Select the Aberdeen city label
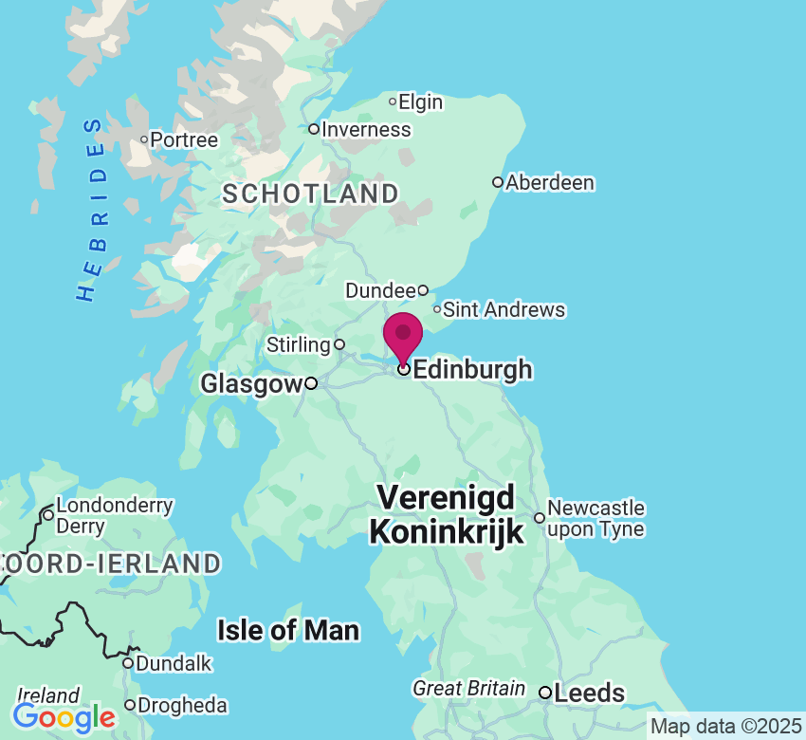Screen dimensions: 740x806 pyautogui.click(x=550, y=182)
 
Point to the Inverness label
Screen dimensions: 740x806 pyautogui.click(x=366, y=130)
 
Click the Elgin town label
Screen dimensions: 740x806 pyautogui.click(x=421, y=102)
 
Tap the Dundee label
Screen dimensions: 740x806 pyautogui.click(x=380, y=290)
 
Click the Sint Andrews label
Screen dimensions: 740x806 pyautogui.click(x=504, y=310)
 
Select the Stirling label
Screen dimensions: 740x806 pyautogui.click(x=299, y=343)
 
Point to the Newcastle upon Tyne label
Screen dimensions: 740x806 pyautogui.click(x=595, y=519)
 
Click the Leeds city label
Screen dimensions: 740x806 pyautogui.click(x=589, y=694)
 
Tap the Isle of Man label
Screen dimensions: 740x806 pyautogui.click(x=288, y=630)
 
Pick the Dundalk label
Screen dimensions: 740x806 pyautogui.click(x=174, y=663)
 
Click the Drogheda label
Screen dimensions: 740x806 pyautogui.click(x=182, y=706)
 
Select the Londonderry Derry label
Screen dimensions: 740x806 pyautogui.click(x=115, y=515)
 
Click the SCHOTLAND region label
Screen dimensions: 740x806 pyautogui.click(x=310, y=194)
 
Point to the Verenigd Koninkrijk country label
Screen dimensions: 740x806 pyautogui.click(x=446, y=514)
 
